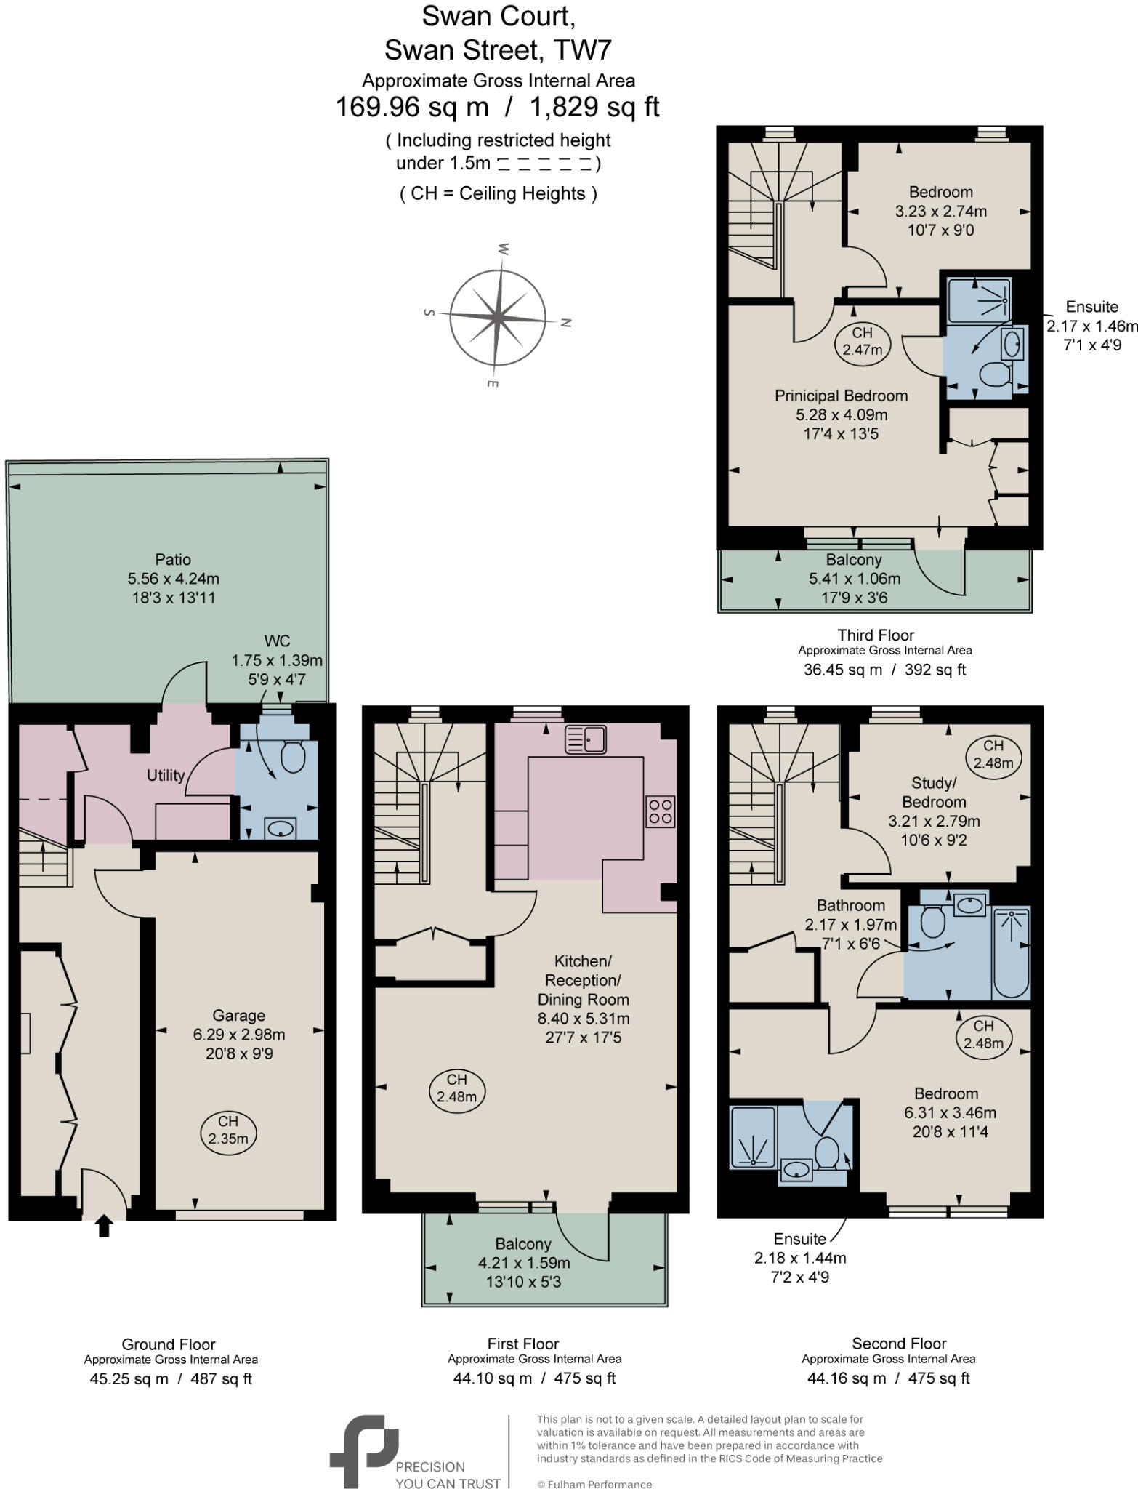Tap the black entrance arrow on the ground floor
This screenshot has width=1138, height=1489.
104,1226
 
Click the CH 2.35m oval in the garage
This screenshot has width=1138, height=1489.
228,1130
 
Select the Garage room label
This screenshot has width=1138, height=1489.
238,1015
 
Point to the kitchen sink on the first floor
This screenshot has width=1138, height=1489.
586,739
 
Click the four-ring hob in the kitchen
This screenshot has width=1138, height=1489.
660,811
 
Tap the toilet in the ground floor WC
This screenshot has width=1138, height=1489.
292,757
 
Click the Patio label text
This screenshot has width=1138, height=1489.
173,559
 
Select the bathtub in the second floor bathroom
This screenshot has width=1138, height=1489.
1011,953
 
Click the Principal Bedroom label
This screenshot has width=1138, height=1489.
841,396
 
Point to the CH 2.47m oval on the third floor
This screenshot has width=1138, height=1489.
862,341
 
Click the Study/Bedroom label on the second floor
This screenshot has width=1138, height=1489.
934,792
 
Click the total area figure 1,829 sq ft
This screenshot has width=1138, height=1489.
594,107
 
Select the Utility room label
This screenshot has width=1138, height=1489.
166,775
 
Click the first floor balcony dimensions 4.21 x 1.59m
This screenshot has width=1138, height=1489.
523,1262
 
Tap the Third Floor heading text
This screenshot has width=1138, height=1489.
875,635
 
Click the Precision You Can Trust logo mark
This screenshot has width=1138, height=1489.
363,1450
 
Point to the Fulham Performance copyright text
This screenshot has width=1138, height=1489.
594,1484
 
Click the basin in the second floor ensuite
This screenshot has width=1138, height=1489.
797,1170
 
